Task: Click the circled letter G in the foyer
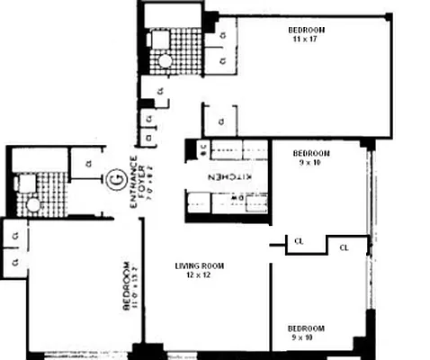115,179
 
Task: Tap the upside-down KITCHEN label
228,177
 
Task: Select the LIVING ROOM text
199,266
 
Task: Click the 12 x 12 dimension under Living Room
199,275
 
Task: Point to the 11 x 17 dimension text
307,39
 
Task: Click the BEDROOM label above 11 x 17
307,30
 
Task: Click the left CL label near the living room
298,241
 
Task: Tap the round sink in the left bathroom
33,204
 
